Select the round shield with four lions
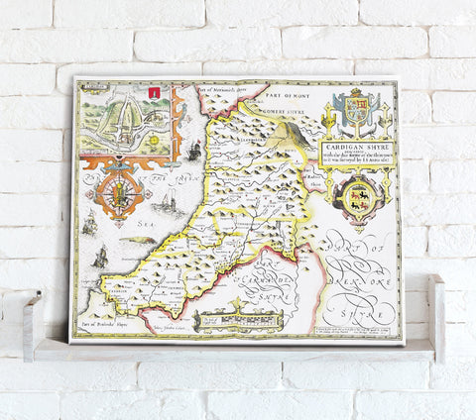tap(354, 199)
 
